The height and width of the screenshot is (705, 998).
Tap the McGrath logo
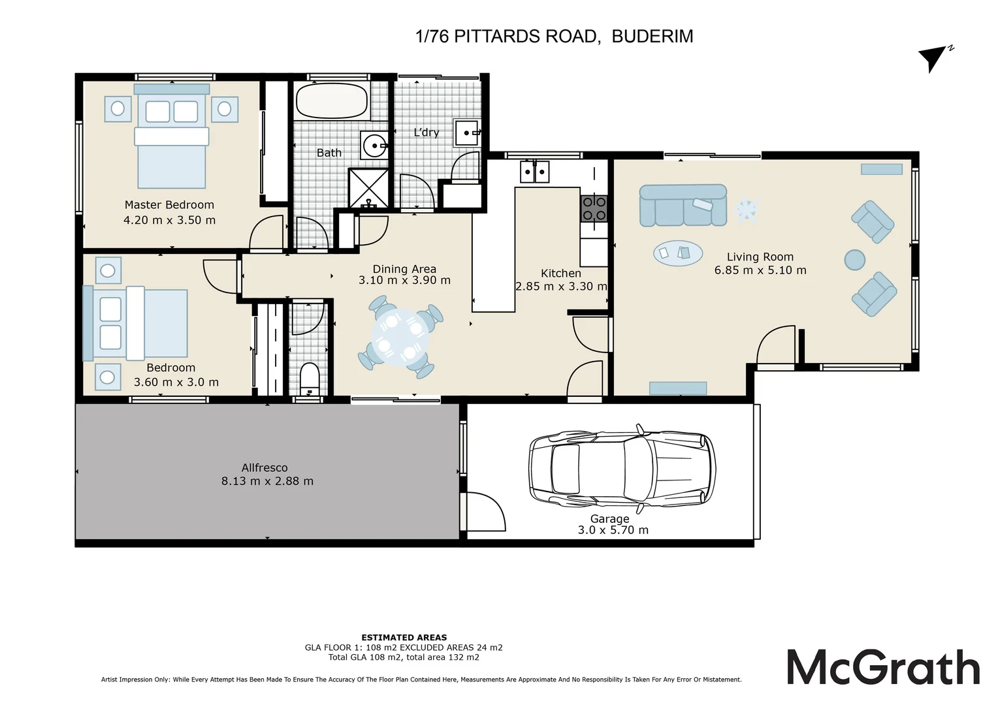(x=884, y=666)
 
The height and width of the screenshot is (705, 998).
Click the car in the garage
(x=622, y=469)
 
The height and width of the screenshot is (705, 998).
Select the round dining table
(x=400, y=337)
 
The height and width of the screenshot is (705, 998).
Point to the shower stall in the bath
(x=368, y=188)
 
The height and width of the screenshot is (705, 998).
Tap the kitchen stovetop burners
(x=594, y=209)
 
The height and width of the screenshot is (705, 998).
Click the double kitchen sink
(x=535, y=172)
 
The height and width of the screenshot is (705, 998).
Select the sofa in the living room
(x=683, y=206)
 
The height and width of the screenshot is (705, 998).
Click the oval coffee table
(x=678, y=253)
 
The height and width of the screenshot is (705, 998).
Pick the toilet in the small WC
(x=309, y=379)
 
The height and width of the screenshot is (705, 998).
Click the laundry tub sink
(x=467, y=133)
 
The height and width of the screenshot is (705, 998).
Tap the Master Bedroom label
(x=169, y=205)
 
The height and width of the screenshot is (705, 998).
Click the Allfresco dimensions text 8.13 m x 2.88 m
(x=267, y=482)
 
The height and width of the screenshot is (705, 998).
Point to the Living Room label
(x=760, y=257)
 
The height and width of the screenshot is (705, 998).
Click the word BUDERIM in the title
(x=652, y=37)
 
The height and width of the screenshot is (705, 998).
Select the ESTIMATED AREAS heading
(x=404, y=637)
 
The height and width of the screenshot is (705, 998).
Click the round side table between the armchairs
(x=854, y=260)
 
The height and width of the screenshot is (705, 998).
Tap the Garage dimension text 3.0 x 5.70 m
(x=613, y=530)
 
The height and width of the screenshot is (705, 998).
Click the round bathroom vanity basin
(x=374, y=145)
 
